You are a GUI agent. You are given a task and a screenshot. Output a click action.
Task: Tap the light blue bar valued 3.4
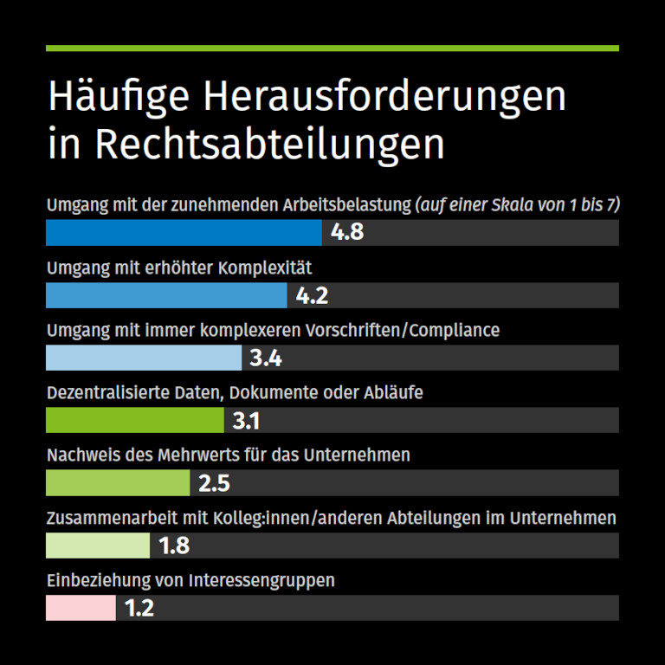pyautogui.click(x=144, y=358)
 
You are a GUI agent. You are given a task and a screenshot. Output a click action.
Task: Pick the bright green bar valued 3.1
pyautogui.click(x=135, y=420)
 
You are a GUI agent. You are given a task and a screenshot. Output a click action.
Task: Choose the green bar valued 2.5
pyautogui.click(x=118, y=482)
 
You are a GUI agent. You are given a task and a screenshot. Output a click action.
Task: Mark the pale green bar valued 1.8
pyautogui.click(x=98, y=546)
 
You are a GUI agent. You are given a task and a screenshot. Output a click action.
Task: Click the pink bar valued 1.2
pyautogui.click(x=81, y=608)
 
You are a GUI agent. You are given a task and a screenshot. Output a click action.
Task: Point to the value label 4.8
pyautogui.click(x=347, y=233)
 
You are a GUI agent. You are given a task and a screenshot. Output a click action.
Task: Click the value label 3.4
pyautogui.click(x=266, y=358)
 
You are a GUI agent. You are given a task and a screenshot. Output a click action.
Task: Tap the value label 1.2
pyautogui.click(x=139, y=608)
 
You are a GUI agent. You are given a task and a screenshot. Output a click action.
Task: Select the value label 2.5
pyautogui.click(x=214, y=482)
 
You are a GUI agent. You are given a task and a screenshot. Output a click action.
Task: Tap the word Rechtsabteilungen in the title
pyautogui.click(x=270, y=144)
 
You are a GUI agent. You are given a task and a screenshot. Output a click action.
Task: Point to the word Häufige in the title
pyautogui.click(x=117, y=97)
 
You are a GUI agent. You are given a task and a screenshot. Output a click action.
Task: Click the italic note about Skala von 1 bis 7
pyautogui.click(x=518, y=205)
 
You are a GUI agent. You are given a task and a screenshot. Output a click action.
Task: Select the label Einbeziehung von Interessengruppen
pyautogui.click(x=190, y=580)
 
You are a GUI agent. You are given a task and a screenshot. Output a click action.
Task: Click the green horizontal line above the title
pyautogui.click(x=332, y=48)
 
